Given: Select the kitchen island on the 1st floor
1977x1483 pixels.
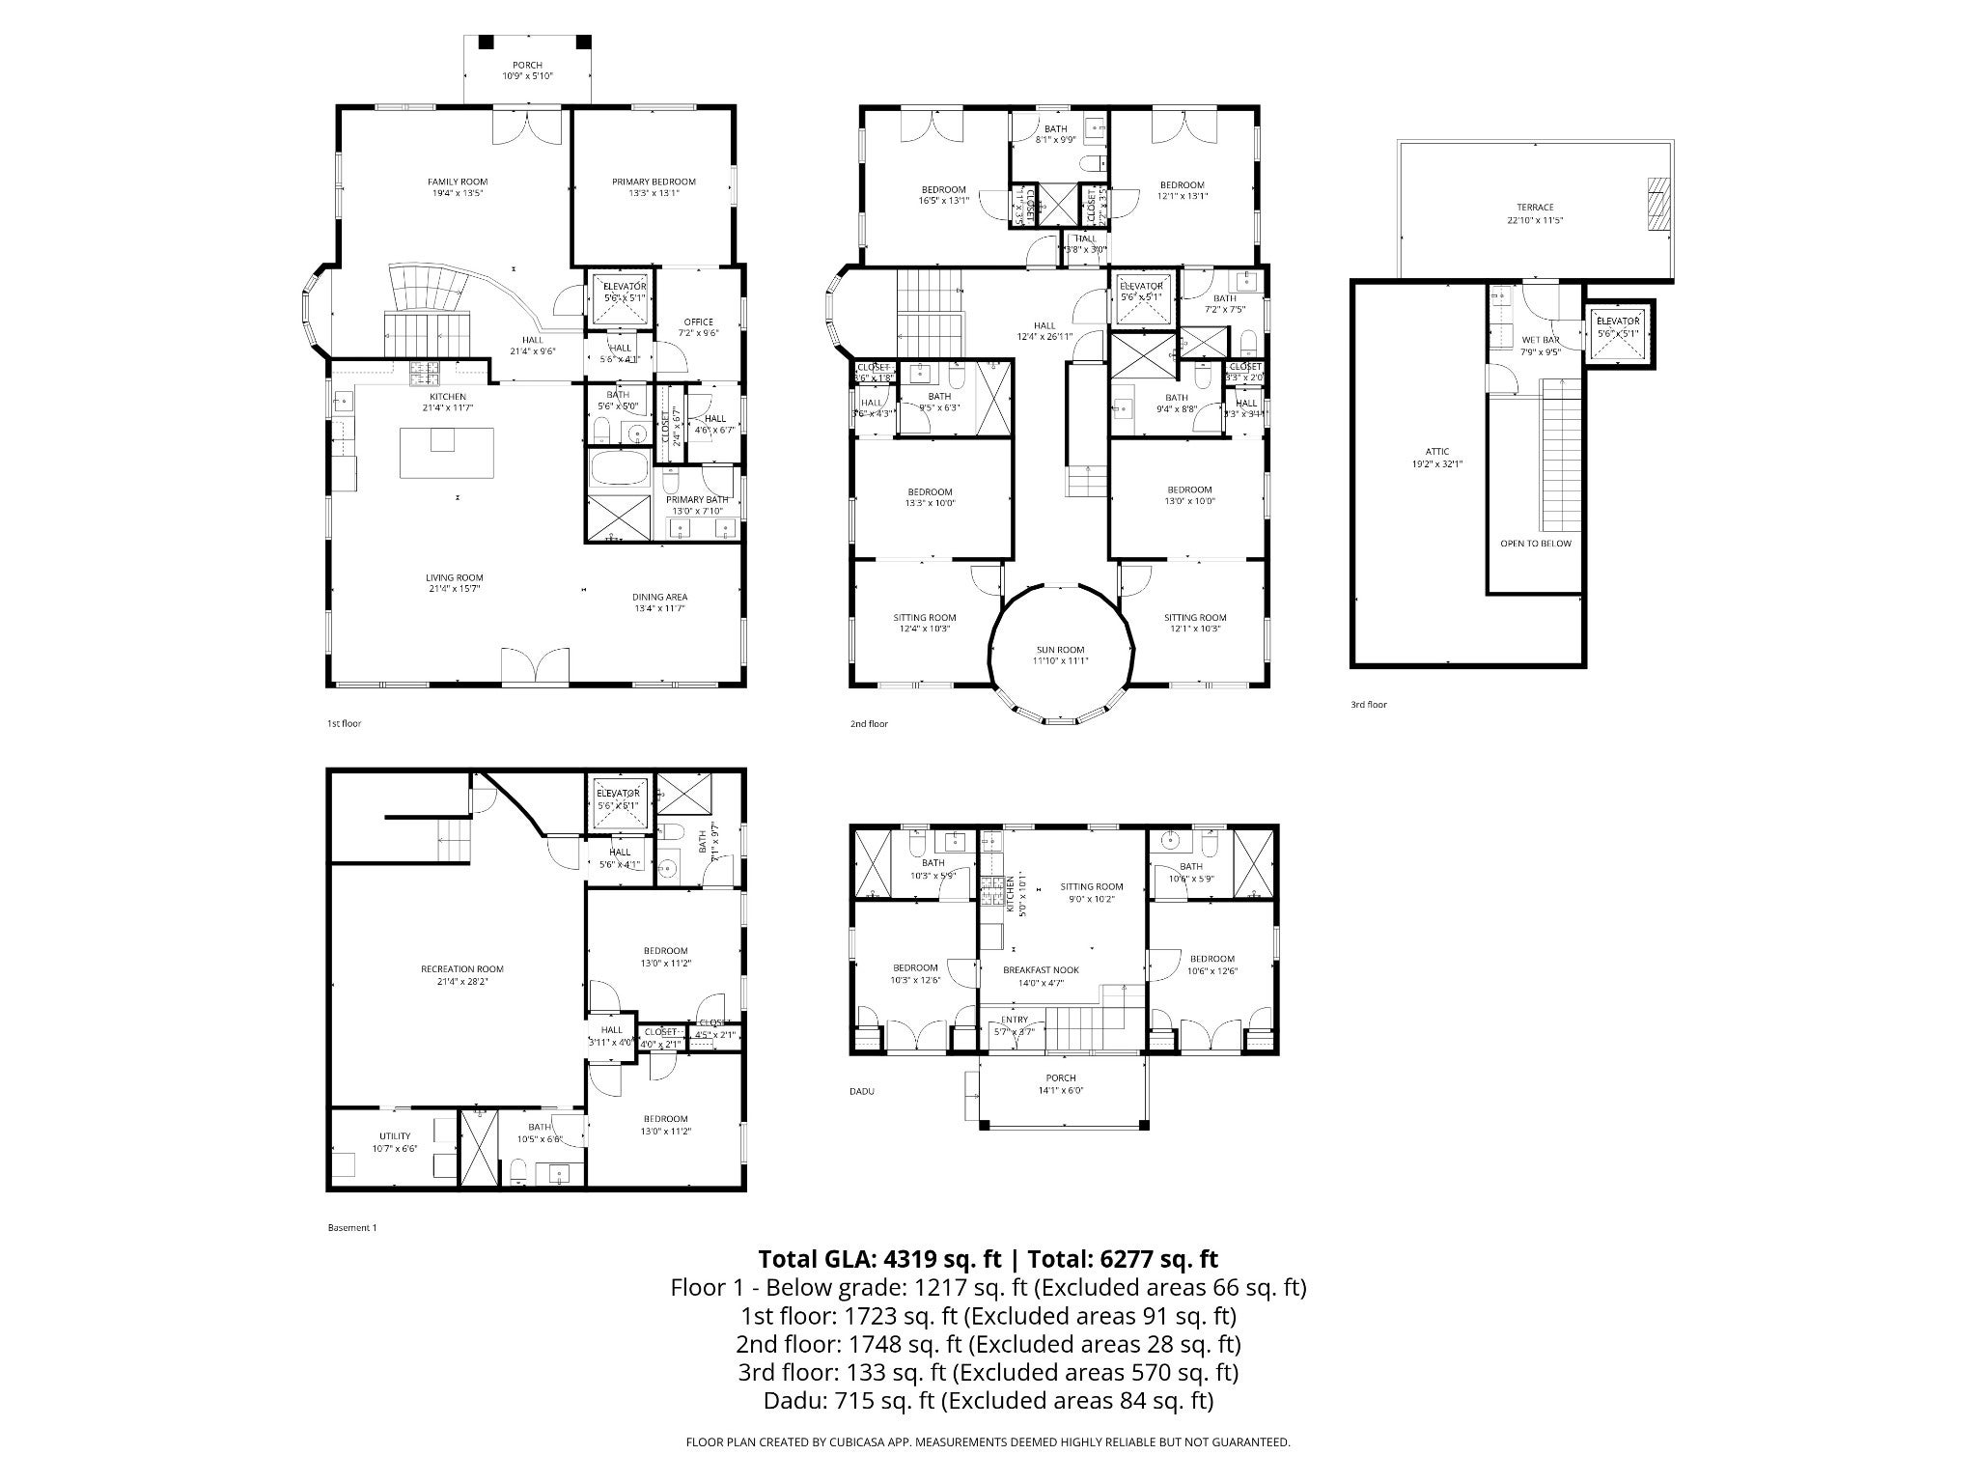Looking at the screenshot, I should coord(447,452).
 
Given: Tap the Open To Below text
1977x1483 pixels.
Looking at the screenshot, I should coord(1535,544).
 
